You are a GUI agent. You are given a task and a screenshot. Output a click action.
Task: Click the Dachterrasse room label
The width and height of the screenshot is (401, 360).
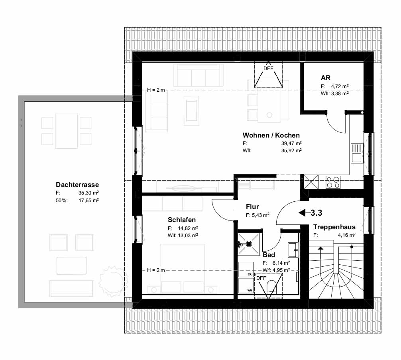[x=77, y=185]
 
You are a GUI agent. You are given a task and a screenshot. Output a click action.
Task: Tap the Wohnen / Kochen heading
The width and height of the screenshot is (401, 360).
[x=271, y=135]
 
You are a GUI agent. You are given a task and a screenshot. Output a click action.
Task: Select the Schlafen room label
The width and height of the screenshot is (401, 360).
[x=182, y=220]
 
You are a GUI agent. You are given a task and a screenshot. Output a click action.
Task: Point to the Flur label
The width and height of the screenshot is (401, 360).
[x=252, y=207]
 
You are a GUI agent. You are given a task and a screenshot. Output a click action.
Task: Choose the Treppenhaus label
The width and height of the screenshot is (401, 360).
[x=334, y=227]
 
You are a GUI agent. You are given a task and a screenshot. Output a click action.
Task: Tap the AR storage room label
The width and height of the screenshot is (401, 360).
[x=326, y=78]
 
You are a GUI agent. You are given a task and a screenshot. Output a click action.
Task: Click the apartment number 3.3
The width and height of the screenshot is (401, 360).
[x=316, y=212]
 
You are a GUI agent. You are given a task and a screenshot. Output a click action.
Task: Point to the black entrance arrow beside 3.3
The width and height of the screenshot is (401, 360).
[x=303, y=212]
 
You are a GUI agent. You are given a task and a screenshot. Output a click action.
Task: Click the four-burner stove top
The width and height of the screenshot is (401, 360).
[x=333, y=182]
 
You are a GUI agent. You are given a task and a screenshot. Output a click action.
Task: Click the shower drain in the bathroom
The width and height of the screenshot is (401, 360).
[x=249, y=243]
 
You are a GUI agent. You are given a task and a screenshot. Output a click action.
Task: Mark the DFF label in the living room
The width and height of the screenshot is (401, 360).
[x=269, y=69]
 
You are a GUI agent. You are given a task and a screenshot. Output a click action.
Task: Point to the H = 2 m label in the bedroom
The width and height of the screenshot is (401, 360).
[x=156, y=270]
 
